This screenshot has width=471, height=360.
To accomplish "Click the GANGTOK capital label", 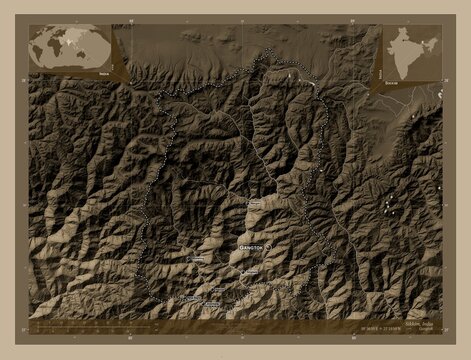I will point(250,244).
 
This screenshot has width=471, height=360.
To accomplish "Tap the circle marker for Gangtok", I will point(268,244).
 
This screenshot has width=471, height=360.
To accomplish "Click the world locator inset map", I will point(70,46).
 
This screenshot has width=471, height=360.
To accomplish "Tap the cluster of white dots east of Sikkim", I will point(388,205).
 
